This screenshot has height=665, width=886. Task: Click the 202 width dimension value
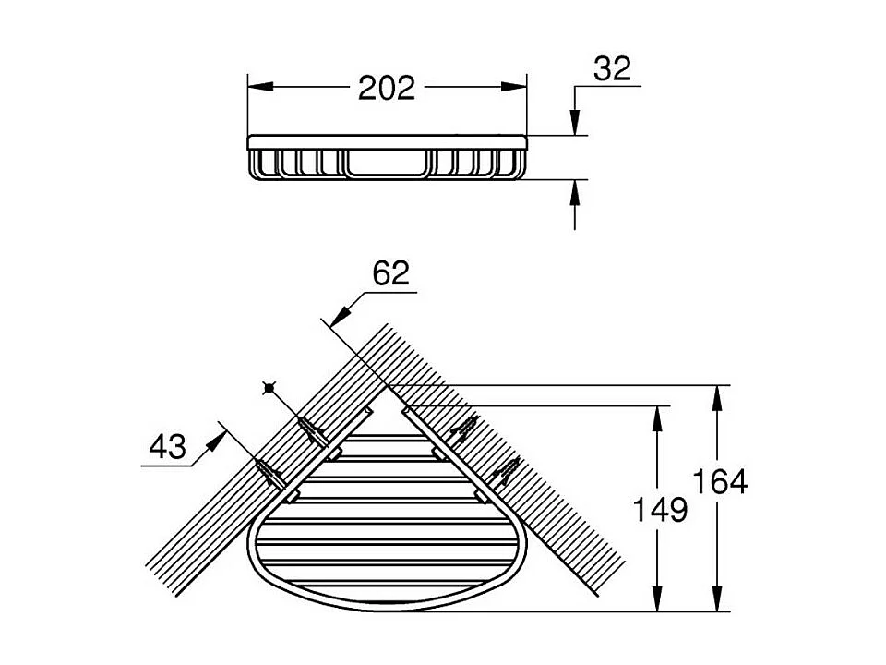[388, 88]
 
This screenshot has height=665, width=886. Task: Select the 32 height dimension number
[612, 68]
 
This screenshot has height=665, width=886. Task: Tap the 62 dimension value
[390, 273]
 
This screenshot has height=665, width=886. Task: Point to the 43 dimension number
[167, 448]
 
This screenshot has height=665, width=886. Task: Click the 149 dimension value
[661, 508]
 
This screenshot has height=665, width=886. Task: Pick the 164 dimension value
[720, 481]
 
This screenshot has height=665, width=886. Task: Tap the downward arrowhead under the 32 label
[575, 123]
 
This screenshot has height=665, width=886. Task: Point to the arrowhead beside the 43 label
[215, 437]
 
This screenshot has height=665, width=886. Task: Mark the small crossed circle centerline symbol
[269, 389]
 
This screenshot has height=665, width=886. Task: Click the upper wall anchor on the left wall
[313, 430]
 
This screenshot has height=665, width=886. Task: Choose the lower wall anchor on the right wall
[504, 473]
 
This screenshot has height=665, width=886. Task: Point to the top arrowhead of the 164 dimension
[716, 398]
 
